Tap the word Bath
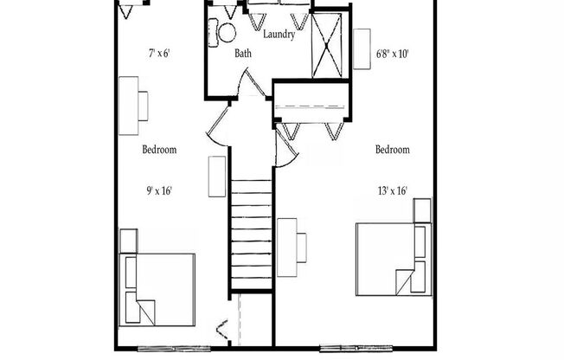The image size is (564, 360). pyautogui.click(x=244, y=54)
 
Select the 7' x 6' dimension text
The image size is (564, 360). pyautogui.click(x=158, y=54)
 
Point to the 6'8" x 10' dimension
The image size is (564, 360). pyautogui.click(x=392, y=54)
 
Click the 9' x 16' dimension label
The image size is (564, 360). pyautogui.click(x=158, y=191)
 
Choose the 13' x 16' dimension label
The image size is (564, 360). pyautogui.click(x=392, y=191)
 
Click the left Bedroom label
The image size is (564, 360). pyautogui.click(x=159, y=150)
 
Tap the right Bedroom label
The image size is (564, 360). pyautogui.click(x=392, y=150)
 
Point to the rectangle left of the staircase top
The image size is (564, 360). pyautogui.click(x=215, y=177)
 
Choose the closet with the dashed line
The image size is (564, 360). pyautogui.click(x=313, y=106)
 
